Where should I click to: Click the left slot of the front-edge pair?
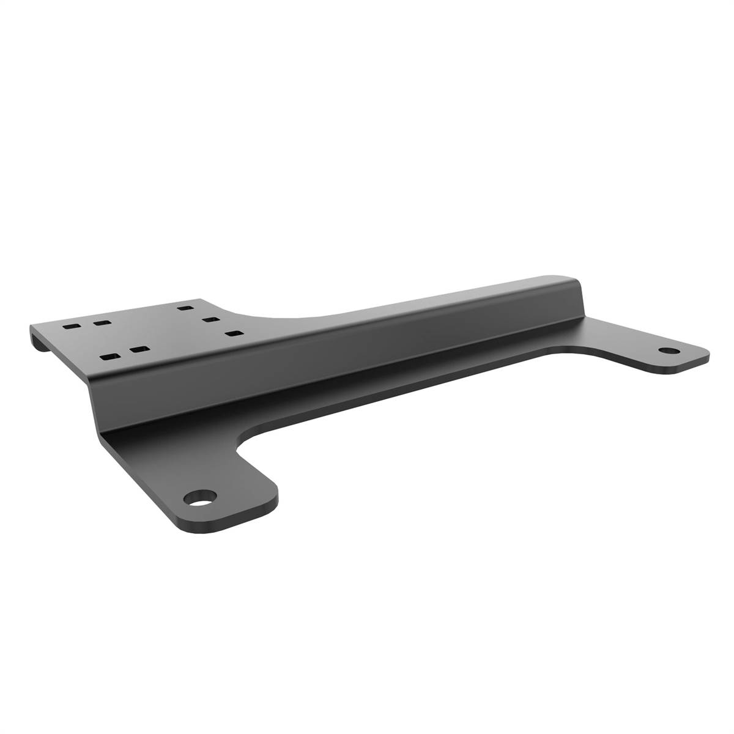point(110,356)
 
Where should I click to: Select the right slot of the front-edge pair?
point(140,350)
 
